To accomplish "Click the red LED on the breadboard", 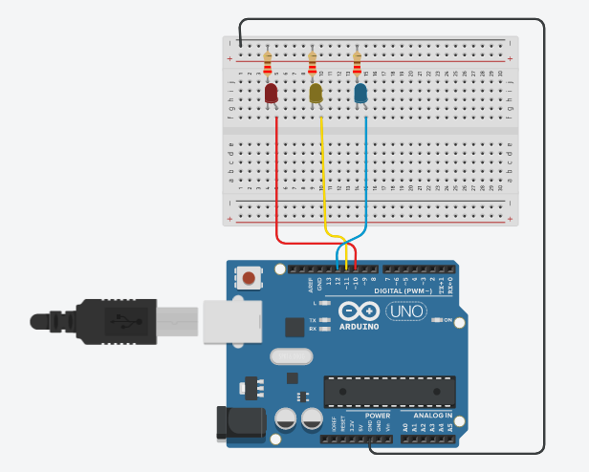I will (x=271, y=94).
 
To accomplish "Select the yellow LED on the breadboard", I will (x=316, y=94).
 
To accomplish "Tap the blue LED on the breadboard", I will (x=361, y=94).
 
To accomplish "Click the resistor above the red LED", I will (x=267, y=64).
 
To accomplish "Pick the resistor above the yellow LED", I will (x=313, y=64).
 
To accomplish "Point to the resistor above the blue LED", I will (x=358, y=64).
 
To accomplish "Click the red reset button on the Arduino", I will (x=249, y=279).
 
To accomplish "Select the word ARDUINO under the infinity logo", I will (x=358, y=326).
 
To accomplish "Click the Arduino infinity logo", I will (x=358, y=311).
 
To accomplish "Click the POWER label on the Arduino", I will (x=378, y=416).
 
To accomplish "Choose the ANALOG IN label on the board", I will (x=434, y=416).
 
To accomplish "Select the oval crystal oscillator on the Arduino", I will (x=292, y=356).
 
